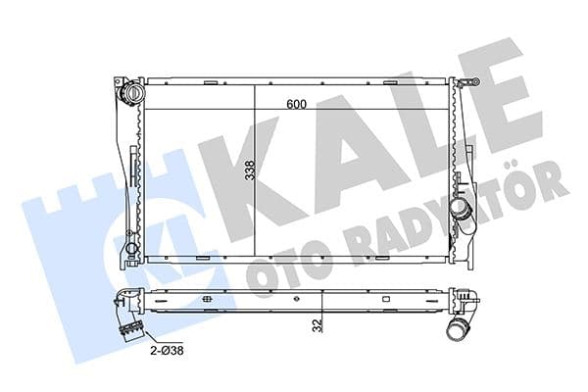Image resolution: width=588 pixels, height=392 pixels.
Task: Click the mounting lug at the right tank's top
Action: [x=454, y=83]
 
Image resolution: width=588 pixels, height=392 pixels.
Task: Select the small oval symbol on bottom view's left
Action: [x=207, y=301]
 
